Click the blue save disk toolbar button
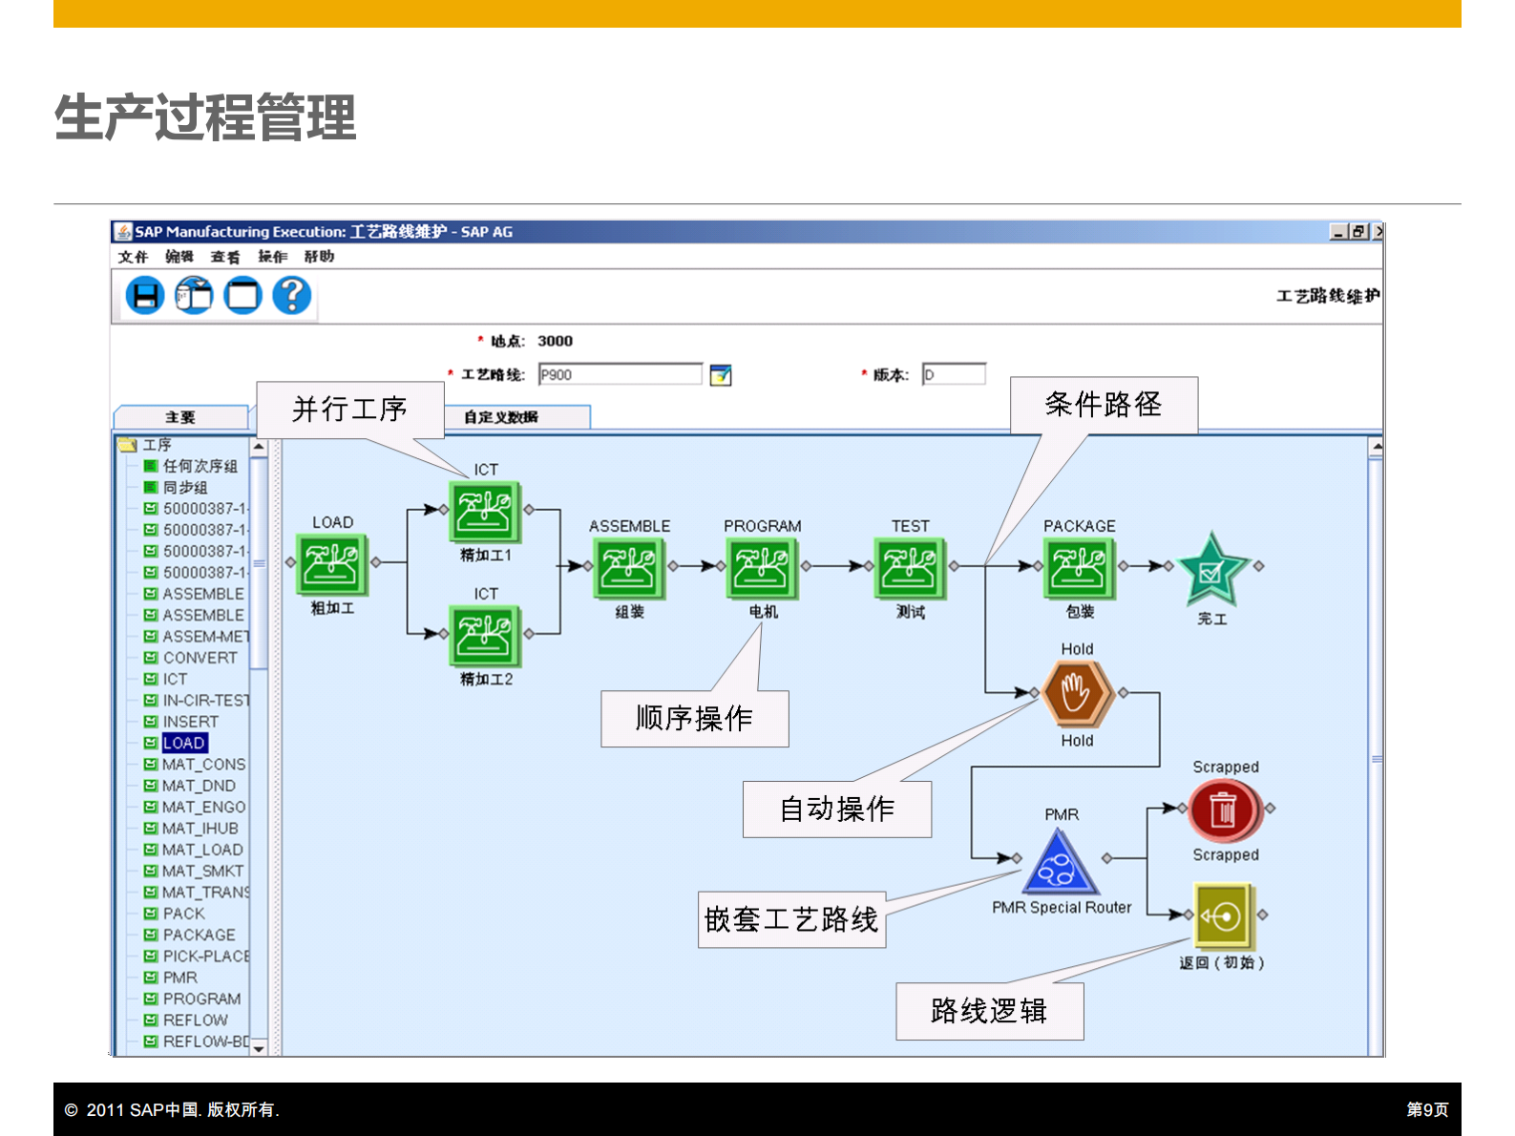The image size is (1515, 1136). (x=145, y=296)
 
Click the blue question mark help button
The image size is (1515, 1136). (x=292, y=296)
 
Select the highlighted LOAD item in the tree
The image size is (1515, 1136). (x=184, y=743)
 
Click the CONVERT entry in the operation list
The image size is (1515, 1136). (x=200, y=658)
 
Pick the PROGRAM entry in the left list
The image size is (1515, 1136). (x=201, y=999)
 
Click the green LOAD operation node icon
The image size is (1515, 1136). (x=332, y=564)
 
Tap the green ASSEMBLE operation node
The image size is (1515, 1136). (x=628, y=568)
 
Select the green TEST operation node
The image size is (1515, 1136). (x=910, y=568)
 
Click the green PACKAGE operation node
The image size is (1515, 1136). (x=1080, y=568)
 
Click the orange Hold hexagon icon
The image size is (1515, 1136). (x=1076, y=694)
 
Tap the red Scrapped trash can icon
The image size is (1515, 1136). (x=1225, y=810)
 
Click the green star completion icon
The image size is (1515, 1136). (x=1211, y=570)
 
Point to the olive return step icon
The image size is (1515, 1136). (x=1223, y=916)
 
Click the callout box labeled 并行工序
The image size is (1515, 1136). (x=349, y=410)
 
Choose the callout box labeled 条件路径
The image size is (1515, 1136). (x=1103, y=405)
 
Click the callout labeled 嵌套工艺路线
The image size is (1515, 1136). (x=791, y=919)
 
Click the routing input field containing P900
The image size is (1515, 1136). (x=620, y=375)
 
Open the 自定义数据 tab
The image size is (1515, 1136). (x=501, y=417)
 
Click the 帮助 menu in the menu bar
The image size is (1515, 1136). (x=319, y=257)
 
